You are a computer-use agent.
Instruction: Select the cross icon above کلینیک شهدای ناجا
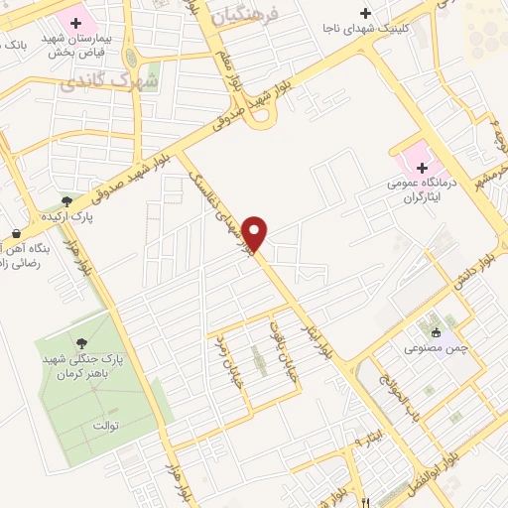[x=366, y=13]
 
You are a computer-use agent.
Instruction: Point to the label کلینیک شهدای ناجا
[x=366, y=29]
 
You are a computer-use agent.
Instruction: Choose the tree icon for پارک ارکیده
[x=66, y=201]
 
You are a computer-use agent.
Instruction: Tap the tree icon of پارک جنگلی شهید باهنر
[x=81, y=344]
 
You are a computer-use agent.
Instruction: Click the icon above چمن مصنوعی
[x=437, y=332]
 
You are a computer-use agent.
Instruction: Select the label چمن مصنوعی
[x=431, y=348]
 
